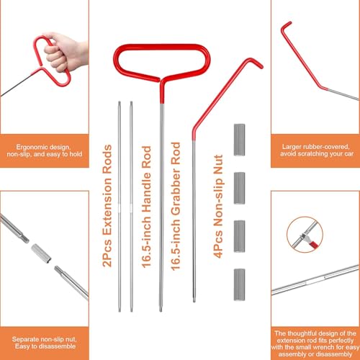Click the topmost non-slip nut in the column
point(239,140)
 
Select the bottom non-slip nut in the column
point(239,284)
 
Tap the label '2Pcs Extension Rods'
point(107,206)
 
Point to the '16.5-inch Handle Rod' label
point(146,207)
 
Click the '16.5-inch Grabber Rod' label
point(176,207)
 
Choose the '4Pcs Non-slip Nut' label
point(218,207)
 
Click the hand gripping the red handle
point(63,52)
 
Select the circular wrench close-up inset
point(305,235)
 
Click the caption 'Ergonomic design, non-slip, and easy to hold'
point(45,150)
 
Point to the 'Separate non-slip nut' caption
point(45,343)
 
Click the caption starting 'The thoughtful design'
point(315,343)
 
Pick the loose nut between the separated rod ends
point(41,253)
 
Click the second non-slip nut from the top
point(239,188)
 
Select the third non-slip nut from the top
point(239,236)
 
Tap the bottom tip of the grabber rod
point(194,301)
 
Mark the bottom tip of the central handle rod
point(161,310)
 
